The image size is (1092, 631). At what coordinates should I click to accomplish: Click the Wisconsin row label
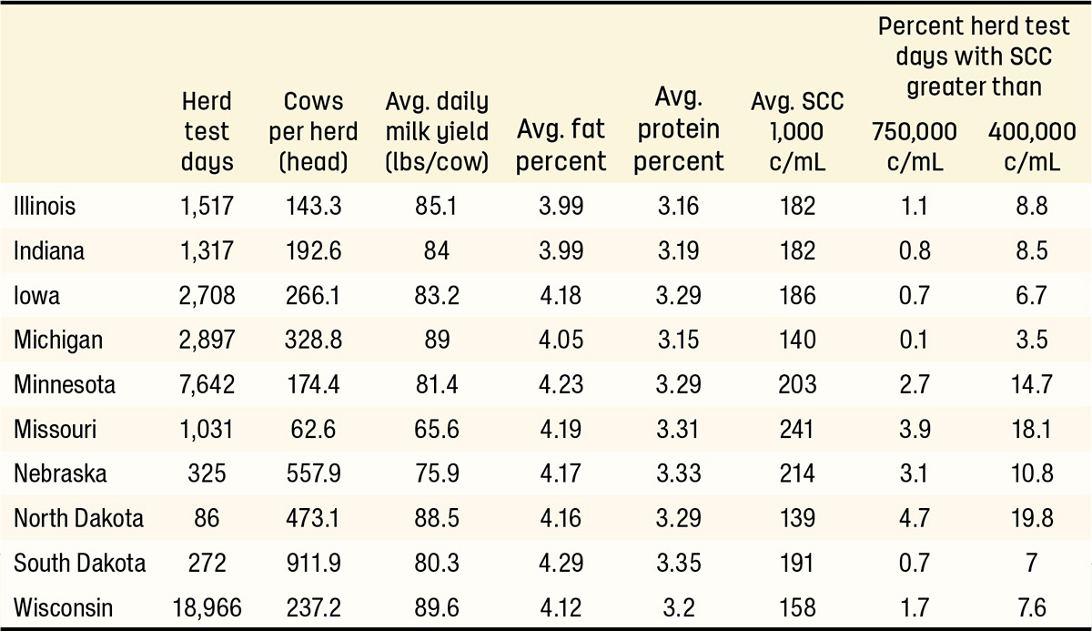[x=64, y=607]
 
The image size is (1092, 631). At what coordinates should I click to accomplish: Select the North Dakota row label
[x=78, y=518]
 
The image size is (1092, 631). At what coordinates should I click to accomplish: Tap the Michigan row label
[x=58, y=341]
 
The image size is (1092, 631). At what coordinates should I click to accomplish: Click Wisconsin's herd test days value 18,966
[x=207, y=608]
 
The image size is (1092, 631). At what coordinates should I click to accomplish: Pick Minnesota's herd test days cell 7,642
[x=207, y=384]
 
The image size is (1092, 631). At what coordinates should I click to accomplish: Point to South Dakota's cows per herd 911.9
[x=313, y=563]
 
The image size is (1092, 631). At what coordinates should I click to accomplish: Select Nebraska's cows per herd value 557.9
[x=313, y=473]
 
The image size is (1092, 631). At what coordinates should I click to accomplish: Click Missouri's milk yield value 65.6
[x=437, y=429]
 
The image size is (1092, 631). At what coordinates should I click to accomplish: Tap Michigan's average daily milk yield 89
[x=437, y=340]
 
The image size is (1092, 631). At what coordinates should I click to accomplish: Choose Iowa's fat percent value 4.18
[x=561, y=295]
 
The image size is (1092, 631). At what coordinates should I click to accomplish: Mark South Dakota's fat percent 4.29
[x=561, y=563]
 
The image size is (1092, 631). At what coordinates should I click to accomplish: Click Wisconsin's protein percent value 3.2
[x=679, y=607]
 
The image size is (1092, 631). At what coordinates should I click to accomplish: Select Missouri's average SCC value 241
[x=797, y=429]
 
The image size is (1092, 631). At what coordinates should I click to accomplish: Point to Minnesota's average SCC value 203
[x=797, y=384]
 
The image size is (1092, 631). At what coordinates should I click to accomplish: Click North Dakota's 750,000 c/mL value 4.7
[x=914, y=518]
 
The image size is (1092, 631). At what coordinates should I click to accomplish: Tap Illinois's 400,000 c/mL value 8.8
[x=1032, y=206]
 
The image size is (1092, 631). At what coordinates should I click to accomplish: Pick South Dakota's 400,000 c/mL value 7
[x=1032, y=563]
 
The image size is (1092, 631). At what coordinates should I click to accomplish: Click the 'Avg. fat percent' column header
[x=561, y=146]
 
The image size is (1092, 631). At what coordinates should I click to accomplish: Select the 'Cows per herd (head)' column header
[x=313, y=132]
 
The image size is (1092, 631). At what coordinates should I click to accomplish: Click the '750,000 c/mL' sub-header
[x=915, y=147]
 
